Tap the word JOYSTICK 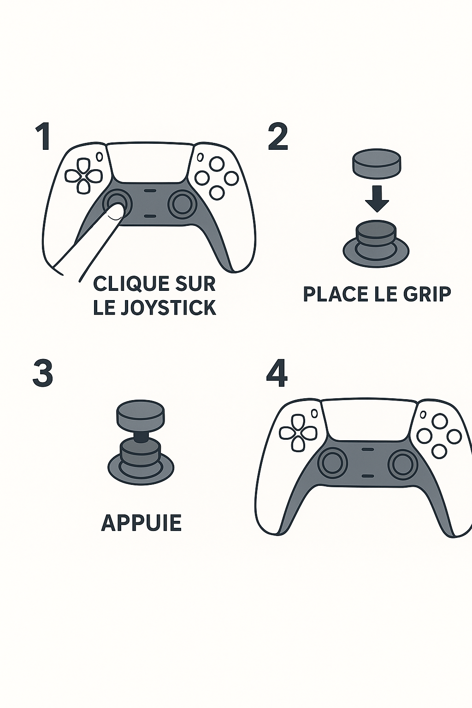(x=169, y=307)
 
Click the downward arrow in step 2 (x=377, y=199)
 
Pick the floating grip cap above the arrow (x=377, y=163)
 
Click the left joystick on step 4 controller (x=333, y=465)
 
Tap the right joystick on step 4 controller (x=403, y=466)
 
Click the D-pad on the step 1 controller (x=84, y=176)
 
